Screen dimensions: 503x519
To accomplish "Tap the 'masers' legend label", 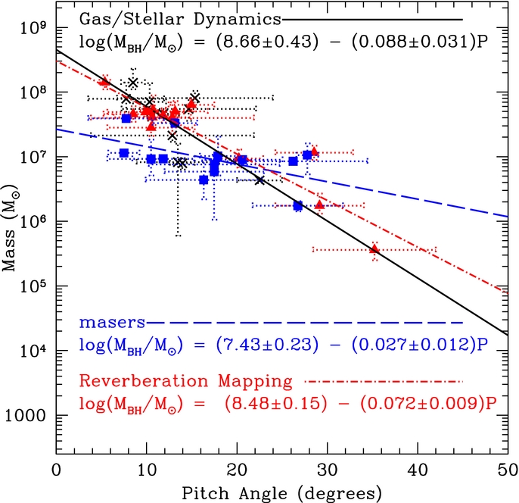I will (112, 323).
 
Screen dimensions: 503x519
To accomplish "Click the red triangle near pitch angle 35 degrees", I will (374, 248).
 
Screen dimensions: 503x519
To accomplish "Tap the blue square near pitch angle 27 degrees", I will (298, 205).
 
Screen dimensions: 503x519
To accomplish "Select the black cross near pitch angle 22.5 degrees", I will (259, 180).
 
